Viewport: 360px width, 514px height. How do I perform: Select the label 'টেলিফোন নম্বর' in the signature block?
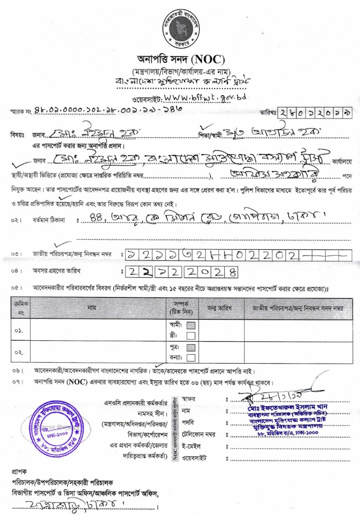(198, 435)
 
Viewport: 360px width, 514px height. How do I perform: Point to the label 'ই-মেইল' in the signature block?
(191, 446)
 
